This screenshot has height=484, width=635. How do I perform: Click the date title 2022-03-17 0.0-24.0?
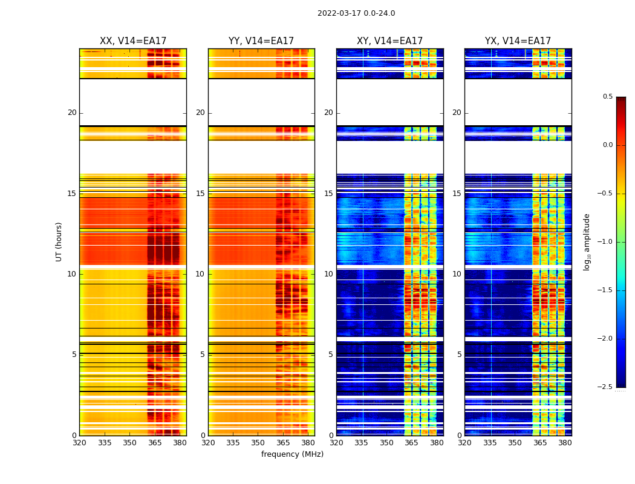[356, 13]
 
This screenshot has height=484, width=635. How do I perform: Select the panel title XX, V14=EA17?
[133, 41]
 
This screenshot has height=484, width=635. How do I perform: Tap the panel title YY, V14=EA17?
[261, 41]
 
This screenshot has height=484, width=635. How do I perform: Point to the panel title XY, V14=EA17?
[389, 41]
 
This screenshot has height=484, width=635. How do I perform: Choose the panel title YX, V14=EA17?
[518, 41]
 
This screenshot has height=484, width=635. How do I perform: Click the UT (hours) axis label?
[59, 241]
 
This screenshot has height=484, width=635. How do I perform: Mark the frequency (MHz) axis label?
[292, 454]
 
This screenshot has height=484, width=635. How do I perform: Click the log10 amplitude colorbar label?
[587, 241]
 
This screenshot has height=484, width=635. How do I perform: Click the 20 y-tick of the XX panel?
[72, 113]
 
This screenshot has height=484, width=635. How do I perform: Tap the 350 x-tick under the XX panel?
[129, 443]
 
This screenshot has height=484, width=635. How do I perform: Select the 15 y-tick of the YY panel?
[200, 194]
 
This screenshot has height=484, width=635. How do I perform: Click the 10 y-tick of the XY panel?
[328, 274]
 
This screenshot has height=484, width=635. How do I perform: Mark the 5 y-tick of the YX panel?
[459, 355]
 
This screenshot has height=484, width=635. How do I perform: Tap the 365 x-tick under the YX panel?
[540, 443]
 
